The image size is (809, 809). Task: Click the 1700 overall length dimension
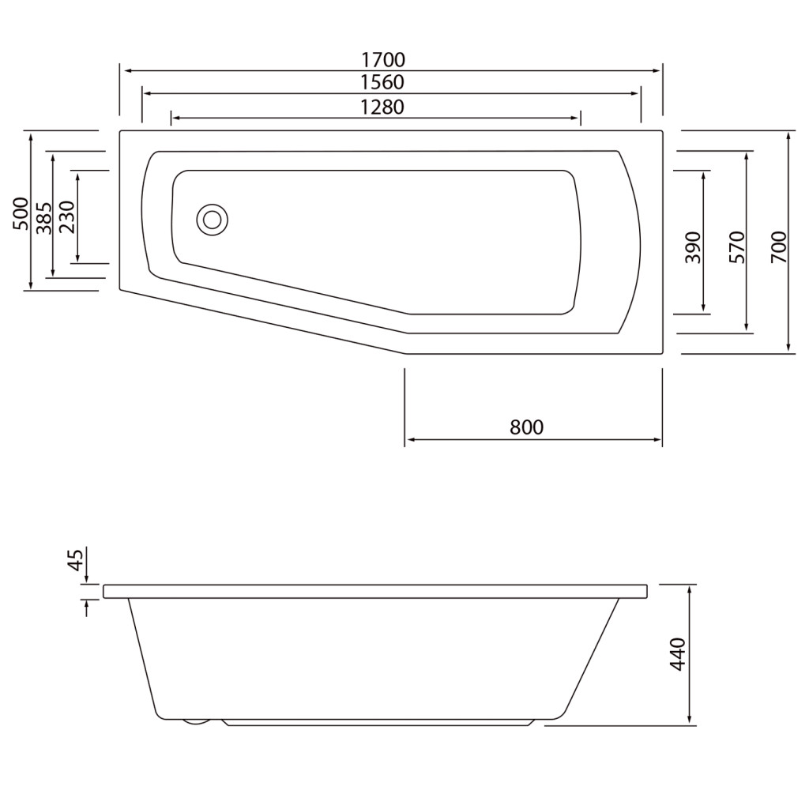tap(382, 60)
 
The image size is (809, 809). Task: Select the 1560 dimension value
tap(382, 82)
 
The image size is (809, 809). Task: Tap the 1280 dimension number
tap(382, 107)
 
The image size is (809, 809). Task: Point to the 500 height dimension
tap(21, 213)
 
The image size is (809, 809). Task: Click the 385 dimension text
tap(45, 218)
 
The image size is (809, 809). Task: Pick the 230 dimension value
tap(67, 217)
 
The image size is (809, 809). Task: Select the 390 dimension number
tap(693, 247)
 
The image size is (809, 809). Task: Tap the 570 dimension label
tap(737, 247)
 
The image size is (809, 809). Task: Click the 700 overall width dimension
tap(779, 247)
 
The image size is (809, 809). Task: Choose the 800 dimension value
tap(527, 427)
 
